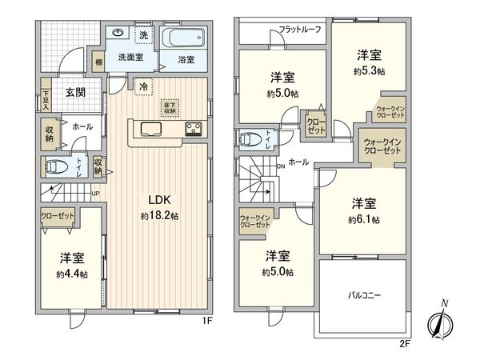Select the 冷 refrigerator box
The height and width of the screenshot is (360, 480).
tap(143, 86)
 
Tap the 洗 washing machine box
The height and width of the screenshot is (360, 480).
tap(143, 35)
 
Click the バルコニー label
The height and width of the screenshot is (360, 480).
tap(363, 295)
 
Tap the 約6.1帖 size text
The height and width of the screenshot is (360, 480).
tap(364, 220)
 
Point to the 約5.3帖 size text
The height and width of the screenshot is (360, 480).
tap(369, 71)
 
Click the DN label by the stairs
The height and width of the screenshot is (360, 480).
tap(280, 166)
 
